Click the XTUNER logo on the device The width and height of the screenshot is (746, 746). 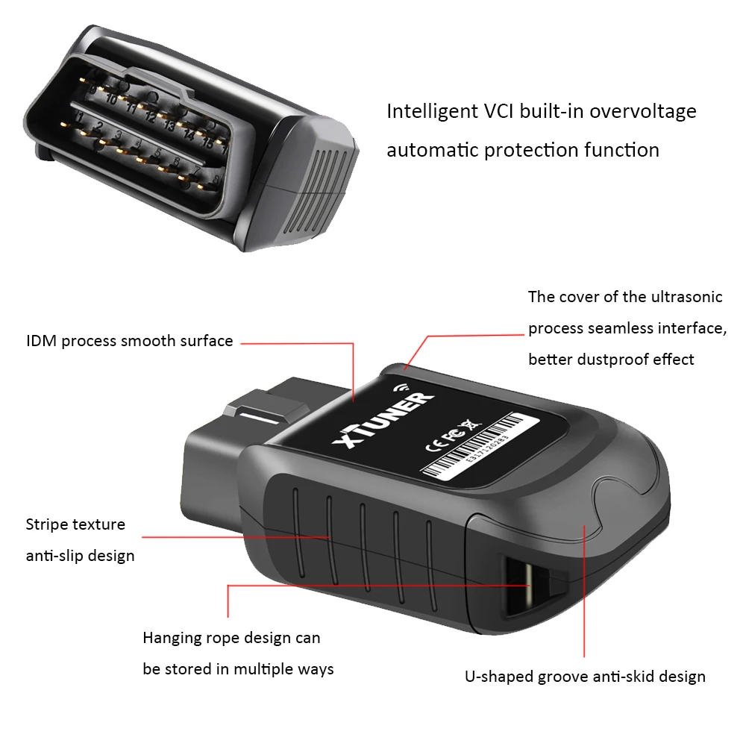click(381, 421)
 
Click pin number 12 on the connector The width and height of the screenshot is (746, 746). click(149, 116)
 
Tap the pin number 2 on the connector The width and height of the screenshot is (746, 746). click(98, 127)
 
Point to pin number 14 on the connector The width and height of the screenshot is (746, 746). click(189, 135)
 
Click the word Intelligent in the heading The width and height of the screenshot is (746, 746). click(428, 112)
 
